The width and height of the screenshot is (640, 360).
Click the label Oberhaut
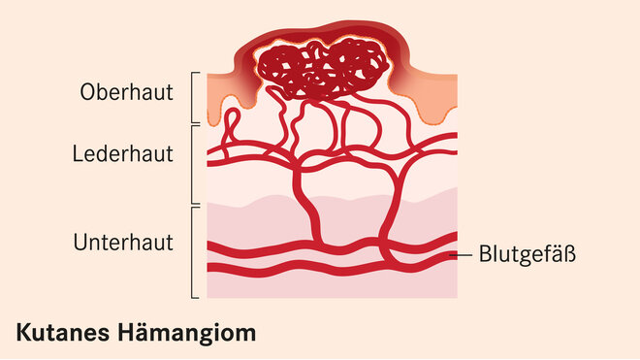click(127, 93)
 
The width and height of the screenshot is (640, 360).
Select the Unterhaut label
click(123, 243)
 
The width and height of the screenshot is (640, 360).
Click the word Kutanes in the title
click(63, 333)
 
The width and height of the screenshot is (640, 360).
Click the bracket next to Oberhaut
click(195, 97)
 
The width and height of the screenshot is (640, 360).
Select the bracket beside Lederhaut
click(195, 164)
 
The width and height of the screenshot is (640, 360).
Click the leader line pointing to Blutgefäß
click(464, 255)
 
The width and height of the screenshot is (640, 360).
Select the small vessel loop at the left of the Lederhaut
click(229, 125)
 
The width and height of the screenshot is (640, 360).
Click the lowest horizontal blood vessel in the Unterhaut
click(330, 268)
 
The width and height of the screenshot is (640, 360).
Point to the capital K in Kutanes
click(22, 333)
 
